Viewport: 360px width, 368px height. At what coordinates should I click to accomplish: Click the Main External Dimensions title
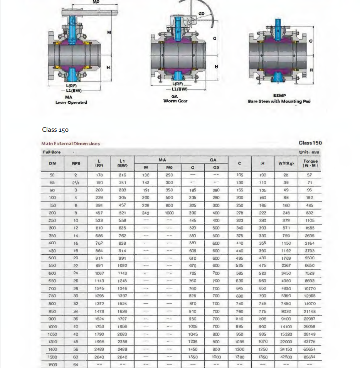tap(71, 144)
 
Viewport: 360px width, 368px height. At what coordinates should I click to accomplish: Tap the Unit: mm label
tap(309, 152)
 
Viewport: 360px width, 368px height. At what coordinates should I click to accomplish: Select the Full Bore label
tap(52, 152)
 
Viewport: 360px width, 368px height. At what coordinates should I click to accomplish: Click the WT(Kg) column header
tap(286, 163)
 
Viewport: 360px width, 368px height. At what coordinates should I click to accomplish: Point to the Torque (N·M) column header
tap(310, 163)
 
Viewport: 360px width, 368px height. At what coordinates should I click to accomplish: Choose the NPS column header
tap(76, 163)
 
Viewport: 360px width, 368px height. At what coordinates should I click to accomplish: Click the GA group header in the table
tap(213, 160)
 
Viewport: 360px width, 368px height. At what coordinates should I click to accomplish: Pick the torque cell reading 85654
tap(310, 357)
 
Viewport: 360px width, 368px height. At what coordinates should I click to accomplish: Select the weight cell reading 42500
tap(286, 357)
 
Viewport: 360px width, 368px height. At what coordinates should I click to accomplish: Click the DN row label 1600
tap(52, 365)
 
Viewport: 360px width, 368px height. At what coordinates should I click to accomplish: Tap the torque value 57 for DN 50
tap(310, 175)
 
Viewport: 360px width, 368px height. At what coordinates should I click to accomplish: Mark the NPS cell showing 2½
tap(76, 183)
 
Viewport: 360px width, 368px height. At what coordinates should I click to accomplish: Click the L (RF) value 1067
tap(99, 273)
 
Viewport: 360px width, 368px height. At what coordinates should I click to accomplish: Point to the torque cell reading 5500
tap(310, 258)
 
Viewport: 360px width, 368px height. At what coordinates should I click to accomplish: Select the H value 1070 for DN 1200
tap(263, 342)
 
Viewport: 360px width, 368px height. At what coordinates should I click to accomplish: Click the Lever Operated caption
tap(71, 103)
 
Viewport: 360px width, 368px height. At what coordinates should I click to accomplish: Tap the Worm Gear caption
tap(175, 101)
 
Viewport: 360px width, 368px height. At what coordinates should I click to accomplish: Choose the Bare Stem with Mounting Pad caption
tap(279, 101)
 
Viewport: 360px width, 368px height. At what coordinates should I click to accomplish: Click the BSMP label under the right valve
tap(279, 96)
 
